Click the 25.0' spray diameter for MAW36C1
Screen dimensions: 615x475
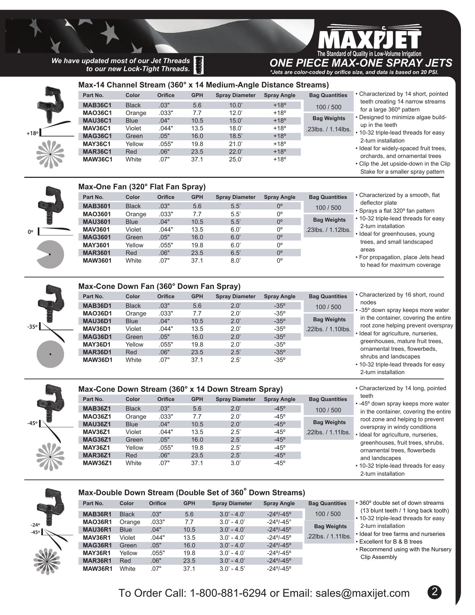tap(236, 159)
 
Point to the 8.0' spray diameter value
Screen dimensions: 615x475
tap(236, 260)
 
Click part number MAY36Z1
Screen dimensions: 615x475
tap(97, 447)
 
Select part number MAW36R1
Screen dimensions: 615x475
tap(98, 569)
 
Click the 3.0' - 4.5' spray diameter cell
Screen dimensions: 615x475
tap(232, 569)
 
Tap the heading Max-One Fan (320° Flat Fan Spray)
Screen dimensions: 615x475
tap(142, 187)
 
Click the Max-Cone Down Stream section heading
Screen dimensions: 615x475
tap(181, 389)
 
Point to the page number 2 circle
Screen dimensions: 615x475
tap(434, 592)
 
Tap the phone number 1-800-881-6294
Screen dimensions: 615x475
tap(228, 593)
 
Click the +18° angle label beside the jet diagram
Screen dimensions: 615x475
tap(32, 134)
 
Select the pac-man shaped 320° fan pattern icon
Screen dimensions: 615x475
tap(50, 254)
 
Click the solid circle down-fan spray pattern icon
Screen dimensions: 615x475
tap(50, 354)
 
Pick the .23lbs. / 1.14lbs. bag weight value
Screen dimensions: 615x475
tap(328, 130)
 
